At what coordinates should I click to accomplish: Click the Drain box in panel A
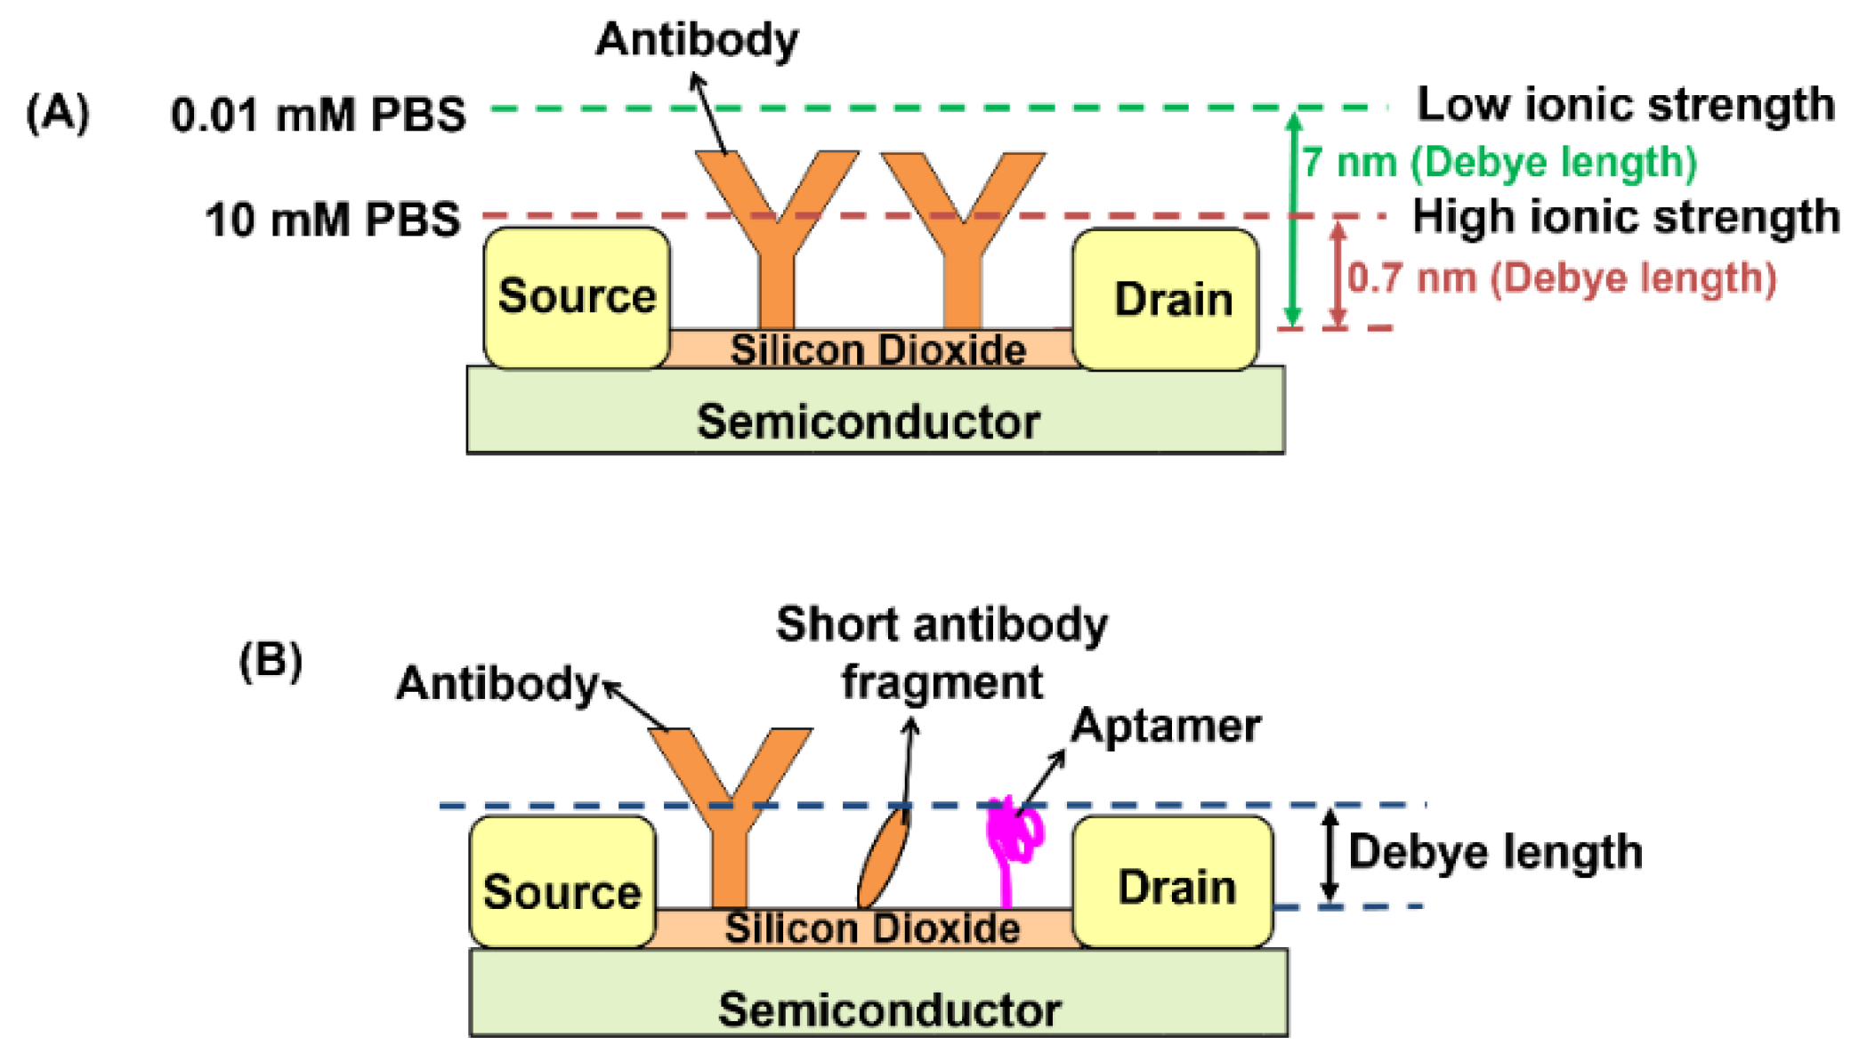click(x=1166, y=300)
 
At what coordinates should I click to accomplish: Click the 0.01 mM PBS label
click(x=318, y=115)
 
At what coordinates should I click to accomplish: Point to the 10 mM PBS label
click(x=333, y=219)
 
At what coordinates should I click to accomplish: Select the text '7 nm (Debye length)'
click(x=1500, y=163)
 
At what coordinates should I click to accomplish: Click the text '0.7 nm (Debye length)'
click(x=1562, y=277)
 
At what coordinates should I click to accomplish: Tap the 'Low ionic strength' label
click(x=1625, y=105)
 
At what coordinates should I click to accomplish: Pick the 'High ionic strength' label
click(x=1625, y=217)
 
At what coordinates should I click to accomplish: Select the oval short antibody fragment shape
click(x=883, y=856)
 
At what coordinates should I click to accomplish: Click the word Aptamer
click(x=1165, y=726)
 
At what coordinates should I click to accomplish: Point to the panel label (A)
click(x=58, y=113)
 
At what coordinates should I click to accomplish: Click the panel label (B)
click(x=271, y=661)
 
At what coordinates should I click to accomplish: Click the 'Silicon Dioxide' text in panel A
click(x=877, y=350)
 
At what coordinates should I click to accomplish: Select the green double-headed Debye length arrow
click(x=1294, y=218)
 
